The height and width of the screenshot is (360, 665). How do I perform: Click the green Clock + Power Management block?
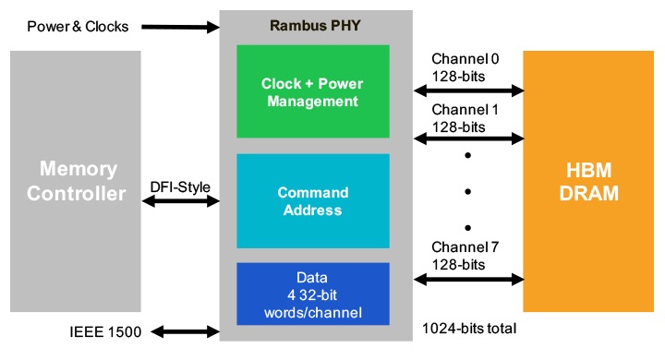coord(313,92)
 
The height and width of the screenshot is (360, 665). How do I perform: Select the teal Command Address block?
coord(313,201)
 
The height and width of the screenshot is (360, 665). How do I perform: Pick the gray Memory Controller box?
coord(75,181)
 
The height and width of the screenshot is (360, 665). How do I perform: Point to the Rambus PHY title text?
coord(313,24)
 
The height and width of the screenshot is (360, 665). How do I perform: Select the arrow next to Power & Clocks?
coord(180,27)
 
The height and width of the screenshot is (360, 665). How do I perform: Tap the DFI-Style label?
coord(180,187)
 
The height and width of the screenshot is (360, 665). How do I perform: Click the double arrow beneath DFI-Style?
coord(180,202)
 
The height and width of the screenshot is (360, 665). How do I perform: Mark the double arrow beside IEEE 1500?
coord(185,331)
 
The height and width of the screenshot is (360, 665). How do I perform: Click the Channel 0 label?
coord(464,58)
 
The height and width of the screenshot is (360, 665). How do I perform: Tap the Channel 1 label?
coord(464,109)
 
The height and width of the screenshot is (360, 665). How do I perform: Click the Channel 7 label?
coord(464,248)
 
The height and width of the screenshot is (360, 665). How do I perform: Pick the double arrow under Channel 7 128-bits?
coord(469,280)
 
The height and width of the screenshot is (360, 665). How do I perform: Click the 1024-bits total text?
coord(469,329)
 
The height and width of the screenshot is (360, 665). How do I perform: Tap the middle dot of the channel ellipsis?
coord(468,192)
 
